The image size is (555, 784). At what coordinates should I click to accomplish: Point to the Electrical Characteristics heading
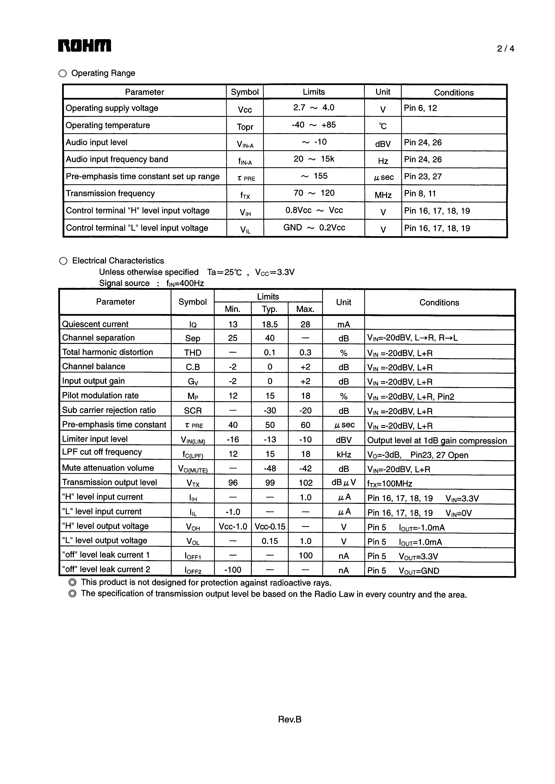click(x=118, y=261)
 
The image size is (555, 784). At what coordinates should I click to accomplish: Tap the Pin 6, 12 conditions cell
click(x=420, y=108)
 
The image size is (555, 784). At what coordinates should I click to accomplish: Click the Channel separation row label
click(x=98, y=338)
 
